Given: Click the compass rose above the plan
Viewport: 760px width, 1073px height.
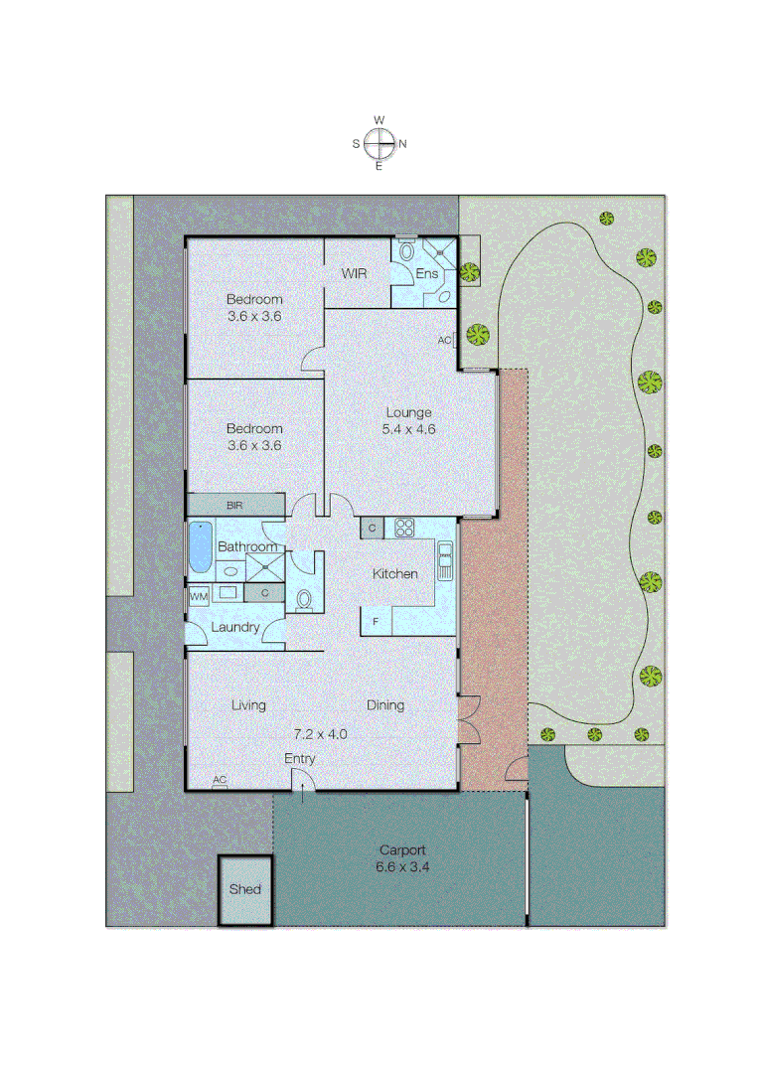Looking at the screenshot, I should [x=379, y=143].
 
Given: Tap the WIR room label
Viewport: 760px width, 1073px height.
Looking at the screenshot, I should [x=356, y=273].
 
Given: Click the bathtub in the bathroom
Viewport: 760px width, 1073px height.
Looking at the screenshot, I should [x=200, y=547].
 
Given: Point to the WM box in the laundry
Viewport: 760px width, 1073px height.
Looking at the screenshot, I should [x=199, y=595].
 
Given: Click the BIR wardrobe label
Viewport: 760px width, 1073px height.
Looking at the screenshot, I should [x=234, y=506].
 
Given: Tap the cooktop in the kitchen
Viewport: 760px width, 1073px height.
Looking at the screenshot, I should [x=404, y=528].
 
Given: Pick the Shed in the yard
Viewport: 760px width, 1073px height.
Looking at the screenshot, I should [x=244, y=889].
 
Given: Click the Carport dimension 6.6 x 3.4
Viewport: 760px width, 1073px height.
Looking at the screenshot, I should [x=402, y=866].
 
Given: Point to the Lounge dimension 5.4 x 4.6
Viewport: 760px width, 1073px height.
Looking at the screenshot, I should [x=408, y=430].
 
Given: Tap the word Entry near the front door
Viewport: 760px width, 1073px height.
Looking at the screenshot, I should [x=300, y=759].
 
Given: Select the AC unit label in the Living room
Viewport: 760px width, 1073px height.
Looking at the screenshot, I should [x=220, y=780].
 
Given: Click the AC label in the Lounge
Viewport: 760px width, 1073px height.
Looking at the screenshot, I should [x=444, y=340].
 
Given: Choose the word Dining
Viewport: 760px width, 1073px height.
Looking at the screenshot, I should [x=385, y=705].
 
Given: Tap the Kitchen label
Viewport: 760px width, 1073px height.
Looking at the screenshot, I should [x=394, y=574].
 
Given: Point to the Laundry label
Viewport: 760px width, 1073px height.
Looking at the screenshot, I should [x=235, y=628].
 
